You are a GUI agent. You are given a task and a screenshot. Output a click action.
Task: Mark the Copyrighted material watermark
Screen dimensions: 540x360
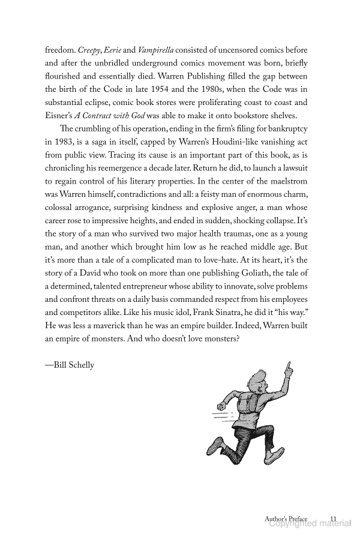pyautogui.click(x=310, y=523)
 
